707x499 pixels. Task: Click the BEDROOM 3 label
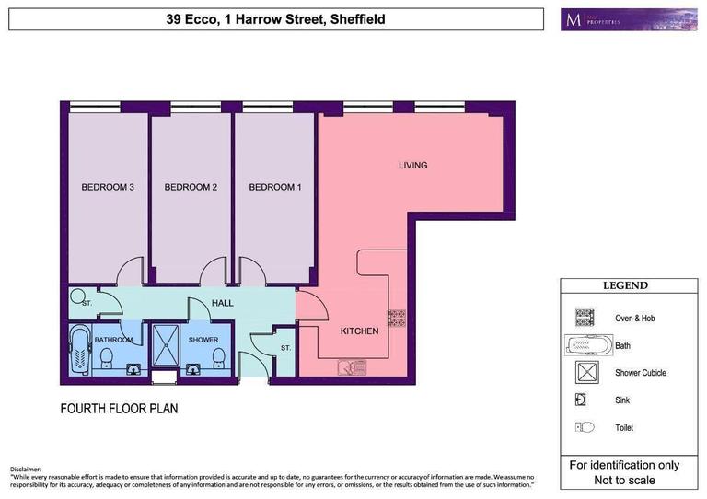coord(109,188)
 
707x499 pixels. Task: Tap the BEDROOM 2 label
coord(191,188)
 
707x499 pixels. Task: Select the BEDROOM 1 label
coord(275,188)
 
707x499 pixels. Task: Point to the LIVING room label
coord(412,166)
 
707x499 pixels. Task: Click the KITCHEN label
coord(359,331)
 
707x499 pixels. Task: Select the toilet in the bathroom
coord(106,355)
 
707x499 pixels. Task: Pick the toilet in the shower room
coord(218,355)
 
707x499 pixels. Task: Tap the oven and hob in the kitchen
coord(397,319)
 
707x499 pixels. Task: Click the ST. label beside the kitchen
coord(285,348)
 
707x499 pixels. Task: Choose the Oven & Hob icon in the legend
coord(585,318)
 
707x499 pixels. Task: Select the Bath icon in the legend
coord(587,346)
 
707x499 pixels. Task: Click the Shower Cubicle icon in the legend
coord(585,373)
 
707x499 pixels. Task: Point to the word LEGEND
coord(625,286)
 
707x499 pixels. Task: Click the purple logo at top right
coord(628,19)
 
